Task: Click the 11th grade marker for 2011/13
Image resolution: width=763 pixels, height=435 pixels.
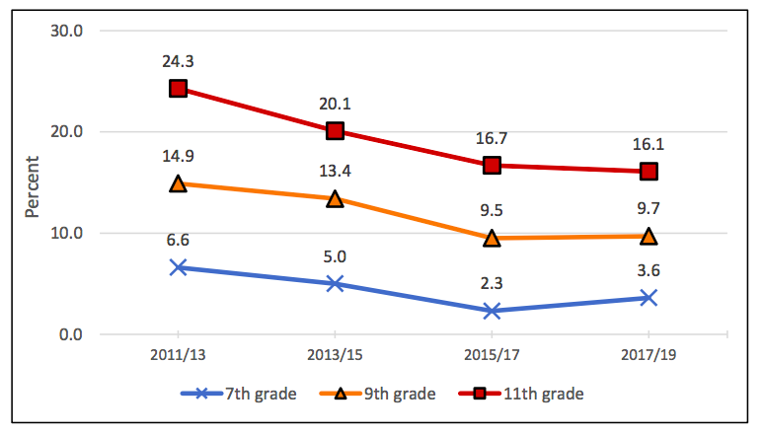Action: tap(178, 89)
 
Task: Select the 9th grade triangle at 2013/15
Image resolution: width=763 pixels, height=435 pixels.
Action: tap(335, 199)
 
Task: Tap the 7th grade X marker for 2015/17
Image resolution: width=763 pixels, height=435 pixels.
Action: tap(492, 311)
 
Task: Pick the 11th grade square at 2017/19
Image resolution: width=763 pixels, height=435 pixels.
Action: tap(649, 172)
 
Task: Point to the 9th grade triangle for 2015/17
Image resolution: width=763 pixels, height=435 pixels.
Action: tap(492, 238)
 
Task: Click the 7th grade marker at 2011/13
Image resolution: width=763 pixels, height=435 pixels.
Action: tap(178, 267)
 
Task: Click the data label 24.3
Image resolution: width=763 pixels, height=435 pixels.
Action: tap(178, 61)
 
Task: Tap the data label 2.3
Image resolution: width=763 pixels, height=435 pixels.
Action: tap(492, 284)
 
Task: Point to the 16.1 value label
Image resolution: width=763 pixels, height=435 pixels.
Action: tap(649, 144)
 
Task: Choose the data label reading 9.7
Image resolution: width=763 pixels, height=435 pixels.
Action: tap(649, 209)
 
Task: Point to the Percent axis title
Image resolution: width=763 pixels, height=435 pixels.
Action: tap(33, 185)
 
